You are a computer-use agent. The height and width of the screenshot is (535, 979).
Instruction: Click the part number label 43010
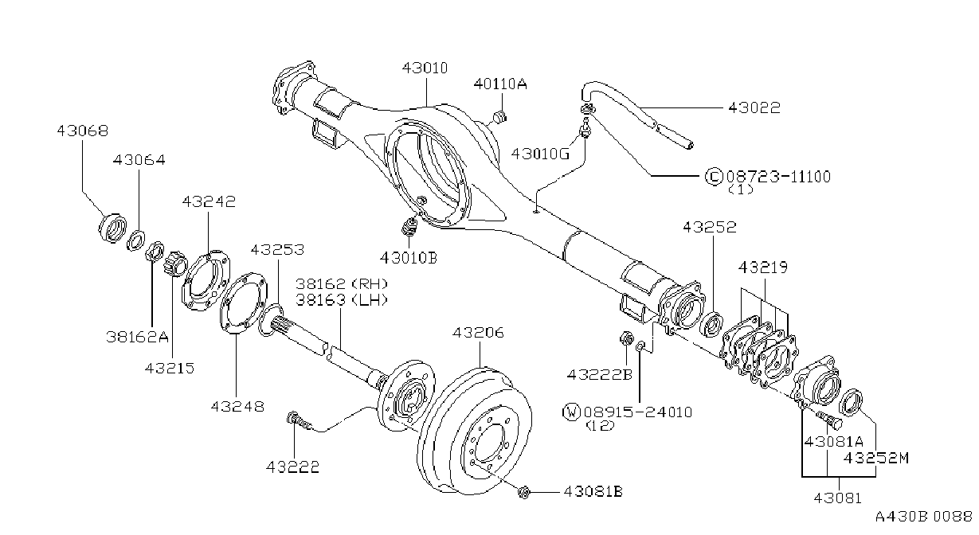coord(425,68)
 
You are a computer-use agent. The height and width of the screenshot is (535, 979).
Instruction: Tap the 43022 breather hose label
coord(754,107)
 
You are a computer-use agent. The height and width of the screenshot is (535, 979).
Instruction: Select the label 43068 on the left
coord(82,131)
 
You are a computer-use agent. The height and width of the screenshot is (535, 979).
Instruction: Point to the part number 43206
coord(478,333)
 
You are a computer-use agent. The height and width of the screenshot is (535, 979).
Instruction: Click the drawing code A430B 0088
coord(924,517)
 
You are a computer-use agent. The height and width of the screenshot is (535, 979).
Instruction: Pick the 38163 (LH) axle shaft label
coord(342,300)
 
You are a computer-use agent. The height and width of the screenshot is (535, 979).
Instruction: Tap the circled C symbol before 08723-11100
coord(714,177)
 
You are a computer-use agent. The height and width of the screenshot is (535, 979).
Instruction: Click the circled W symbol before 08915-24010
coord(571,412)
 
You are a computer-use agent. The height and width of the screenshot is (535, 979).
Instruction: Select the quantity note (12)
coord(601,426)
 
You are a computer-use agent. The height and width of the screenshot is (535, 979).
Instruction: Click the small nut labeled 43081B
coord(523,493)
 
